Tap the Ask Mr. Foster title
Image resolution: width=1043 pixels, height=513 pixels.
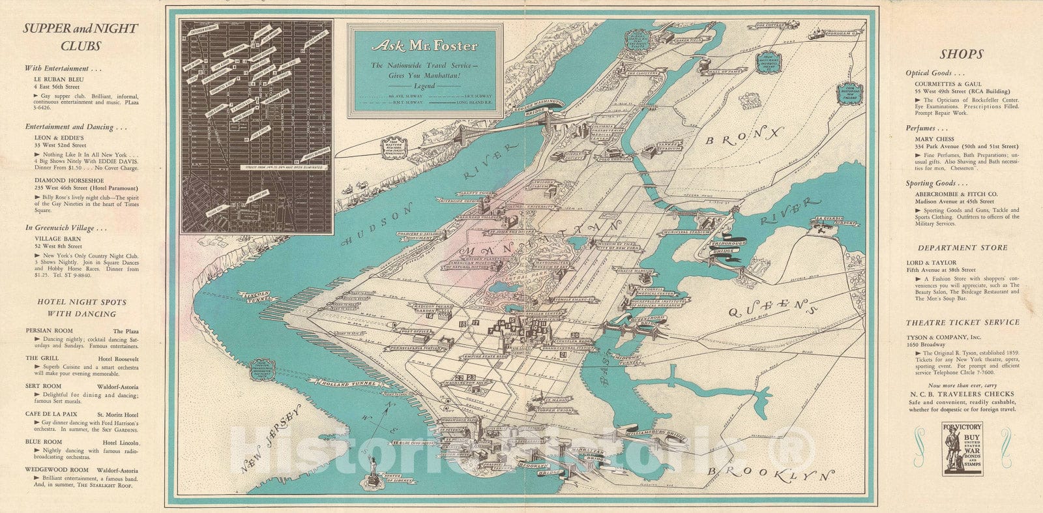click(x=424, y=46)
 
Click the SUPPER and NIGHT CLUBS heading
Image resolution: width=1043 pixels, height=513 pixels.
click(x=81, y=37)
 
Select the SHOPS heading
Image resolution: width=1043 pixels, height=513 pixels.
click(x=962, y=54)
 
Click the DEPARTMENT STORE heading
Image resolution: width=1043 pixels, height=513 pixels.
click(x=962, y=248)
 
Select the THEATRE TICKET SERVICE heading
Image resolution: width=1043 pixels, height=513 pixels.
click(x=962, y=323)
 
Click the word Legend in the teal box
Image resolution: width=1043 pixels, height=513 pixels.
click(x=424, y=85)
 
